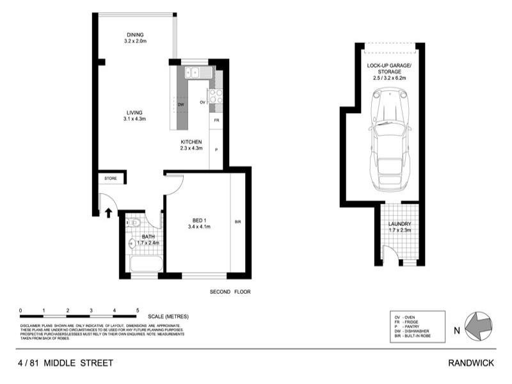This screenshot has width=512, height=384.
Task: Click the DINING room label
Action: tap(135, 35)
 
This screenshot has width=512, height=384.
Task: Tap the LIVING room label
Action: tap(135, 113)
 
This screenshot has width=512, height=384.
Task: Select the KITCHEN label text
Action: tap(191, 141)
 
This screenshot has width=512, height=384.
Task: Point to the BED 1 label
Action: tap(199, 219)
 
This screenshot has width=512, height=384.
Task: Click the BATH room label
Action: tap(148, 237)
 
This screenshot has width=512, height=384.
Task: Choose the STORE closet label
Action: tap(111, 178)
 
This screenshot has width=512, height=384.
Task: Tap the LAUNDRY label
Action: tap(399, 224)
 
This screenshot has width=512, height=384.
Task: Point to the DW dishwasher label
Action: tap(181, 104)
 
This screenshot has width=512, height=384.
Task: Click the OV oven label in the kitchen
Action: tap(202, 102)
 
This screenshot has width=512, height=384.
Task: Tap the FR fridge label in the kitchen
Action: tap(216, 120)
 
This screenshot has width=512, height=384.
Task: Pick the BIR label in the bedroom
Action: tap(237, 221)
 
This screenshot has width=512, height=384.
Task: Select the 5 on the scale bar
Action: tap(138, 310)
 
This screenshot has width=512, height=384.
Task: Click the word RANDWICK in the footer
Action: tap(471, 363)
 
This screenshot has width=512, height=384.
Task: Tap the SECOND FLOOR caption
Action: tap(230, 292)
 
